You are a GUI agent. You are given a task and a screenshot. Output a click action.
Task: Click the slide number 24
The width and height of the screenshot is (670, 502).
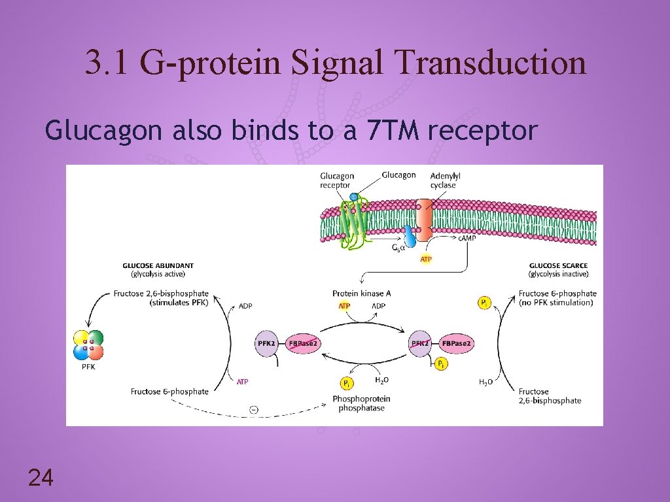click(41, 479)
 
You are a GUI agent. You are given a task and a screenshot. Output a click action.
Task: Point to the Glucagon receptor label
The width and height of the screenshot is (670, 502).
click(337, 180)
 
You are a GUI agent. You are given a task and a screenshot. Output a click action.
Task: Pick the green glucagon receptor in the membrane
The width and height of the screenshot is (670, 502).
click(353, 222)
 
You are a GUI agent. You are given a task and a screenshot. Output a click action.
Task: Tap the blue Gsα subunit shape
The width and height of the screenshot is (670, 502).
click(409, 235)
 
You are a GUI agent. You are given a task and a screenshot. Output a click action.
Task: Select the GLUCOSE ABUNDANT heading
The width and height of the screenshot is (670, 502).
click(158, 265)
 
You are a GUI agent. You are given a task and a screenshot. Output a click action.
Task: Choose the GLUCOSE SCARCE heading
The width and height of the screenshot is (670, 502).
click(558, 265)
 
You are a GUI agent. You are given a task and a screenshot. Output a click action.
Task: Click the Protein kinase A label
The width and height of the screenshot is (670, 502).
click(361, 293)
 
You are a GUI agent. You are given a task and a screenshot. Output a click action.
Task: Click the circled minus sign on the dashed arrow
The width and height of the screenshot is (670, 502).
click(253, 410)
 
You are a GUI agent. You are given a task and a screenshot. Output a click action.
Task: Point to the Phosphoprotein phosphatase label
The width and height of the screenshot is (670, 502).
click(361, 403)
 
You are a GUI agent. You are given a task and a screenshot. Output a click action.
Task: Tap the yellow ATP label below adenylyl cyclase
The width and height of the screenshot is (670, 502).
click(426, 259)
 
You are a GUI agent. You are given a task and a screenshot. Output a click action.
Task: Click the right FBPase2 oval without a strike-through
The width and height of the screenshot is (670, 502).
click(457, 343)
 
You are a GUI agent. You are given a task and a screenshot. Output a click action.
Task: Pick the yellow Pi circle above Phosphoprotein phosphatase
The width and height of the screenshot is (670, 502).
click(346, 382)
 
